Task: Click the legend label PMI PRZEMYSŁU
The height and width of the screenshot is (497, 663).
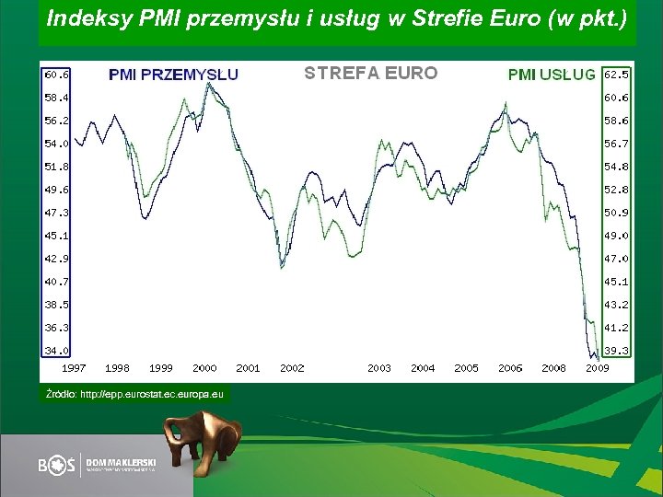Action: click(173, 75)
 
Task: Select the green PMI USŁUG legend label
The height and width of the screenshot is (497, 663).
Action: click(552, 75)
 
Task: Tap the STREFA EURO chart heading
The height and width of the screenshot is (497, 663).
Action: click(370, 73)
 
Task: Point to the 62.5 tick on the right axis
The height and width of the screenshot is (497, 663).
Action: click(616, 74)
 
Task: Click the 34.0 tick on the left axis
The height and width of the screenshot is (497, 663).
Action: click(56, 351)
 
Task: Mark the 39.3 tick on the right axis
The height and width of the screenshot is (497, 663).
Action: click(616, 351)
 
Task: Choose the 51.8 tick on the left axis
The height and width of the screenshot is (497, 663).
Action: click(56, 167)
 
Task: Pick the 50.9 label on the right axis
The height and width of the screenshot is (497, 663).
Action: click(616, 213)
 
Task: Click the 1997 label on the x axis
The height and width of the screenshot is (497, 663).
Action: click(74, 368)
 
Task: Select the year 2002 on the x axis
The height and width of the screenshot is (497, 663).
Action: click(292, 368)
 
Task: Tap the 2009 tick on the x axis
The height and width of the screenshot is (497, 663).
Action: click(598, 368)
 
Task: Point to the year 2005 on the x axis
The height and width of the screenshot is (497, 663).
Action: click(466, 368)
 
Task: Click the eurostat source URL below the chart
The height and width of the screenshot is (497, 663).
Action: click(135, 394)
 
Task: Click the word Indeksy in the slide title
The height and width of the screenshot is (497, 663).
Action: click(83, 17)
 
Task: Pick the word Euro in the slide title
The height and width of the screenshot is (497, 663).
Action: click(512, 17)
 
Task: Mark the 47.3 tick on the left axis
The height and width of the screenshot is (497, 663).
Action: click(56, 213)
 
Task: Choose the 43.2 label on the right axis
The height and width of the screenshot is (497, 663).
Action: click(616, 305)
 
